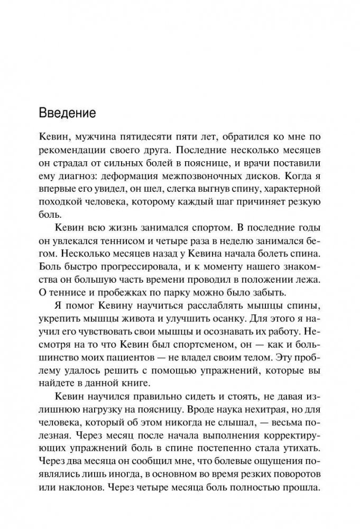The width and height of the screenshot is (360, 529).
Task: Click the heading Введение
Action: pyautogui.click(x=67, y=113)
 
